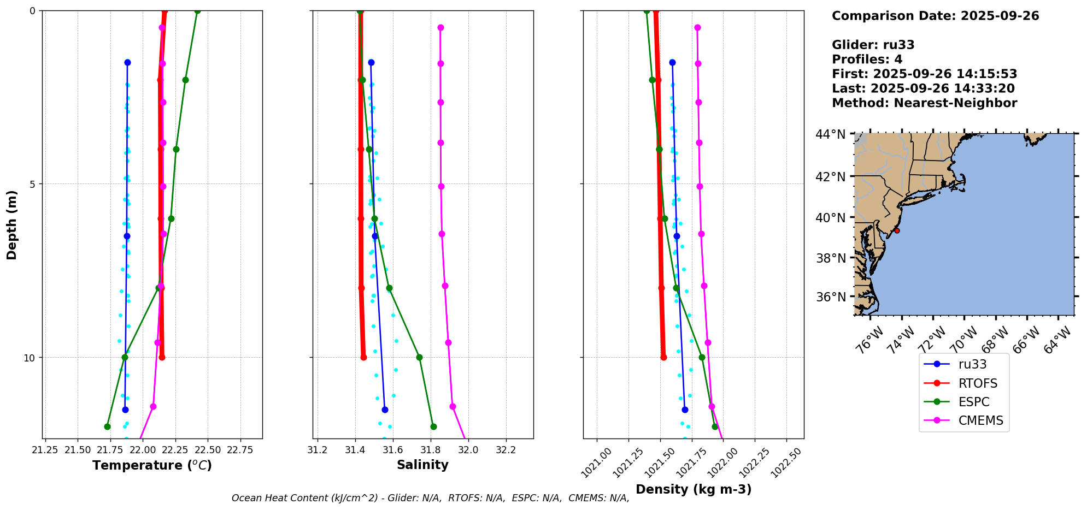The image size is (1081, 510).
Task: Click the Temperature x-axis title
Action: pyautogui.click(x=152, y=465)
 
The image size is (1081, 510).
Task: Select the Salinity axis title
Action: pyautogui.click(x=422, y=465)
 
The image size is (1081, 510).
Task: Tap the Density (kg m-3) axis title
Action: pyautogui.click(x=694, y=489)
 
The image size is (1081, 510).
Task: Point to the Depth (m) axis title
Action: pyautogui.click(x=11, y=225)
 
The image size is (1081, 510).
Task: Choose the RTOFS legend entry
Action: pyautogui.click(x=978, y=383)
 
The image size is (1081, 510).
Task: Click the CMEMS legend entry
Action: pyautogui.click(x=980, y=420)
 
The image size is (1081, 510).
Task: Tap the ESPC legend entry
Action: pyautogui.click(x=974, y=402)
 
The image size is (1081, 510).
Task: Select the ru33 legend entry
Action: pyautogui.click(x=972, y=364)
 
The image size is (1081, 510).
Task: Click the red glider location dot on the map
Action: pyautogui.click(x=897, y=231)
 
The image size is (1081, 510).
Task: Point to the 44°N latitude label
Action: pyautogui.click(x=830, y=134)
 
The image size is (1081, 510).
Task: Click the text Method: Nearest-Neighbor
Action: pyautogui.click(x=924, y=103)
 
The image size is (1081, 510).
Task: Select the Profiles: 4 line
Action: pyautogui.click(x=867, y=60)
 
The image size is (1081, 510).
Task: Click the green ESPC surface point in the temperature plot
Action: pyautogui.click(x=197, y=11)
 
